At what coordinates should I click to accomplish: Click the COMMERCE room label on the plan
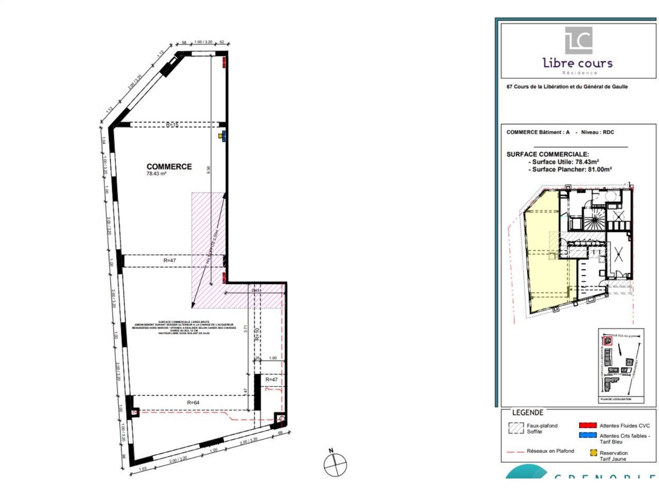point(169,167)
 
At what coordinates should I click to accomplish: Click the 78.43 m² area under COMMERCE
point(156,174)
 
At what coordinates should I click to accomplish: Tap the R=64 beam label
point(193,403)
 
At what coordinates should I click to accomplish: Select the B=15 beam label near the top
point(172,125)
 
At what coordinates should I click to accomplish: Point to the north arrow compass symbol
point(335,464)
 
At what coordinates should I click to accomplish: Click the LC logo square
point(579,40)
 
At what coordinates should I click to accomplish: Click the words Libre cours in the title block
point(578,63)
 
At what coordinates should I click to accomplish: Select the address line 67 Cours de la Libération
point(567,87)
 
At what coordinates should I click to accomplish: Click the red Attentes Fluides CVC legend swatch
point(587,425)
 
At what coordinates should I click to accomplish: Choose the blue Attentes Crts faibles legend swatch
point(587,435)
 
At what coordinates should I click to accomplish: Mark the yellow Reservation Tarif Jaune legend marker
point(594,453)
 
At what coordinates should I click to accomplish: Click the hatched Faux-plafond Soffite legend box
point(516,428)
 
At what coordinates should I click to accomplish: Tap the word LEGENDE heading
point(528,412)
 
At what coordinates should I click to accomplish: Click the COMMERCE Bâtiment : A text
point(538,132)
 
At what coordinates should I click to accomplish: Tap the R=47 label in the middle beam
point(169,260)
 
